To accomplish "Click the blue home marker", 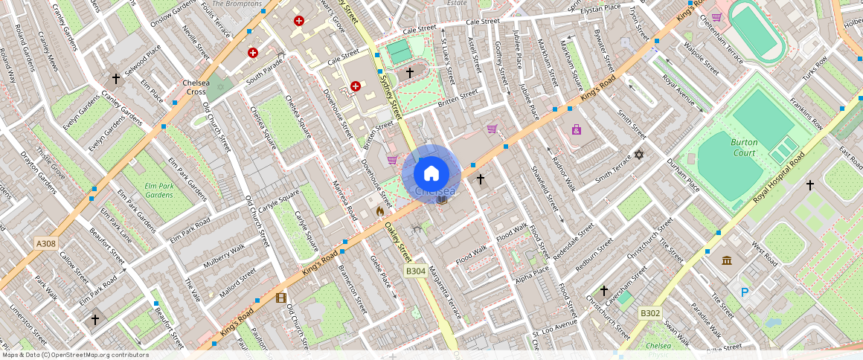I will [x=431, y=173].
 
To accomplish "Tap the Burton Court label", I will [x=743, y=147].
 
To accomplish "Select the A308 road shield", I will [x=45, y=242].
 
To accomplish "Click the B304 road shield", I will [x=415, y=271].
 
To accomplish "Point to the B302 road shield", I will [x=650, y=314].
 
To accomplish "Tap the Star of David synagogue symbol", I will [x=638, y=155].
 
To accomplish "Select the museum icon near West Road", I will [x=726, y=260].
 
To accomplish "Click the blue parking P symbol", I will [x=745, y=293].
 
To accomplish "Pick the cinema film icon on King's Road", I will [x=280, y=298].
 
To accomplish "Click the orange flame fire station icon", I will [x=380, y=211].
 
